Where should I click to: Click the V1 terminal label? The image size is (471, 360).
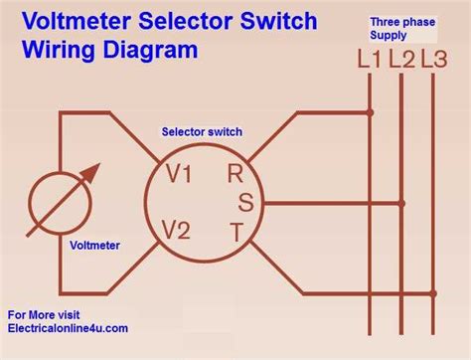(180, 175)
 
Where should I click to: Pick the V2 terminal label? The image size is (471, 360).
(176, 231)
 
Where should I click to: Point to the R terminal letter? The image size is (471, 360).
(235, 173)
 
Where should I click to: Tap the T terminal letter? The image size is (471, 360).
(235, 234)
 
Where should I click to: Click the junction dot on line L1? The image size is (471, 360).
(371, 112)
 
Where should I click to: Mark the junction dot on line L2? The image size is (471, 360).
(402, 203)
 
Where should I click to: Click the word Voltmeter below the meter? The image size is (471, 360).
(96, 243)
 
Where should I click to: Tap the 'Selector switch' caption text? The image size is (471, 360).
(202, 131)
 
